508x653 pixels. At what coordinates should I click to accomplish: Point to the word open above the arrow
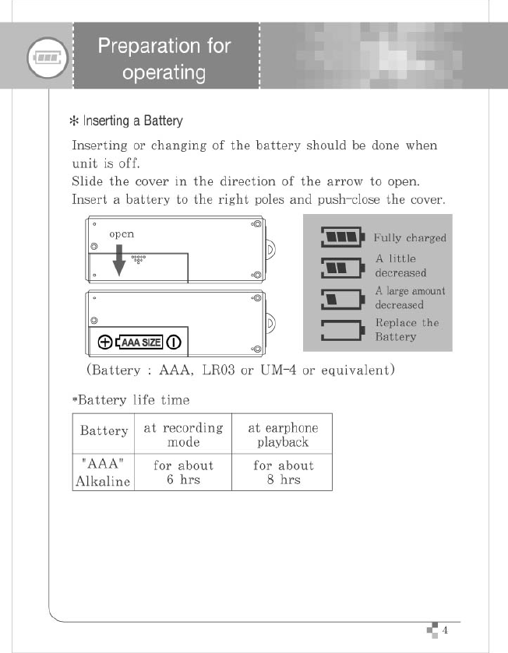[x=122, y=233]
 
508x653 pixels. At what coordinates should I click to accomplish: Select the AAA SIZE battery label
[x=139, y=342]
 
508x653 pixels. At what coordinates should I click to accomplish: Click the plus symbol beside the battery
[x=104, y=342]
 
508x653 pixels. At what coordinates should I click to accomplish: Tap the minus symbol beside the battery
[x=174, y=342]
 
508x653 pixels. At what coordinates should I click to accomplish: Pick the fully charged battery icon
[x=343, y=236]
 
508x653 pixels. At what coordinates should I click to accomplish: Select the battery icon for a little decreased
[x=343, y=267]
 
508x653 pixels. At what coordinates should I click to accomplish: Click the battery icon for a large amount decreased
[x=343, y=299]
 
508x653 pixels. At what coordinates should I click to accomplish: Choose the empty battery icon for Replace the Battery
[x=343, y=330]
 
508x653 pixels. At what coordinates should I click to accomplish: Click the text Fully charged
[x=410, y=238]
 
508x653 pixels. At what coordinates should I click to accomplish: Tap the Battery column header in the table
[x=104, y=430]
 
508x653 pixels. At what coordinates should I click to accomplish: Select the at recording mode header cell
[x=183, y=435]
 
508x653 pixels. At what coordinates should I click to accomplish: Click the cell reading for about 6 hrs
[x=183, y=472]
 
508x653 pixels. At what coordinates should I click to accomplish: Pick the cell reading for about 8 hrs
[x=283, y=472]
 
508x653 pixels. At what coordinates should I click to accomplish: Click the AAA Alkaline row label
[x=103, y=472]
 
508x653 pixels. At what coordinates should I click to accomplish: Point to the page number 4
[x=445, y=630]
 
